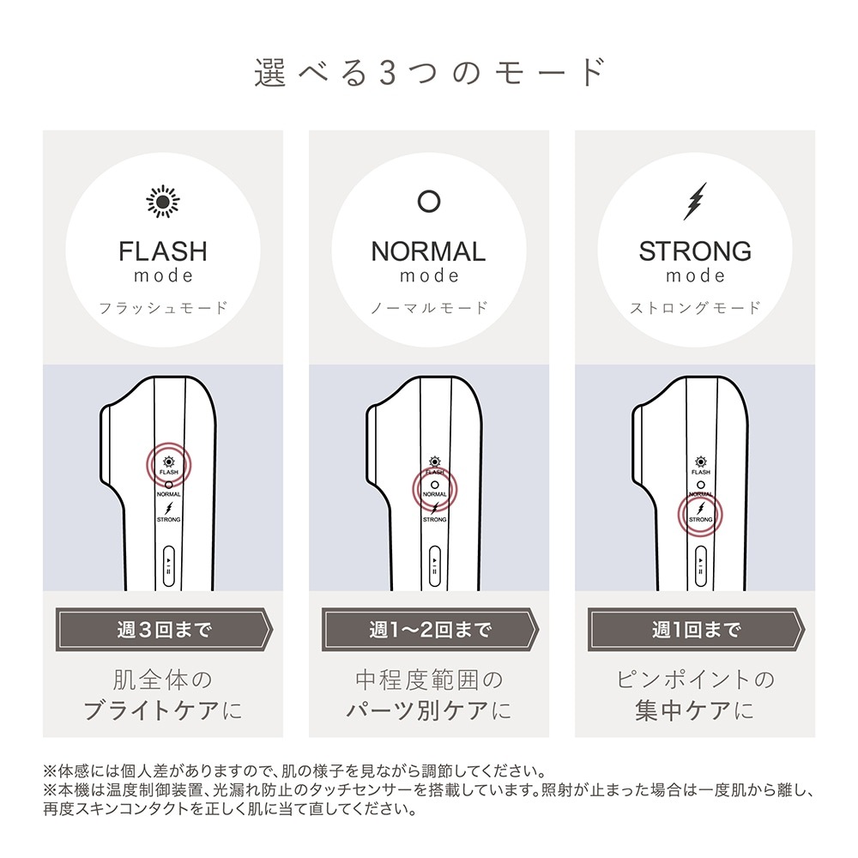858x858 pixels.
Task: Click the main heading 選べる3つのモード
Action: click(x=429, y=73)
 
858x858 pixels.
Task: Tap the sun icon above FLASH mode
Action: click(x=162, y=201)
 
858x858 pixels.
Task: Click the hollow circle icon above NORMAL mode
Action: click(x=428, y=201)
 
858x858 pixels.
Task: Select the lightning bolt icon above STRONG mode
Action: click(x=694, y=201)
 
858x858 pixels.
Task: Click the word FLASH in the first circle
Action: click(x=163, y=251)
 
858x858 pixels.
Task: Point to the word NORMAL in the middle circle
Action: click(x=428, y=251)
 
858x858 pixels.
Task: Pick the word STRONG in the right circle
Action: click(x=695, y=251)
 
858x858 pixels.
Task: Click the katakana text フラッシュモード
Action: click(x=163, y=307)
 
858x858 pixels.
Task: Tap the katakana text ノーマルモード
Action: click(x=429, y=307)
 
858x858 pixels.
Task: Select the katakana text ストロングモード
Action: click(x=695, y=307)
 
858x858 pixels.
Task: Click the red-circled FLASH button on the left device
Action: click(x=168, y=465)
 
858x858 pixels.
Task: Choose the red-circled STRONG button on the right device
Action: click(x=700, y=515)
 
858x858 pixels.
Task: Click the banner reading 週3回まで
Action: click(x=163, y=631)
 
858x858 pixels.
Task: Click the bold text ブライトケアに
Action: click(x=163, y=711)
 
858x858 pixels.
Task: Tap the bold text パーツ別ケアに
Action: click(x=429, y=711)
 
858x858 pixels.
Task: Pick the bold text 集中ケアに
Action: click(x=695, y=711)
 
